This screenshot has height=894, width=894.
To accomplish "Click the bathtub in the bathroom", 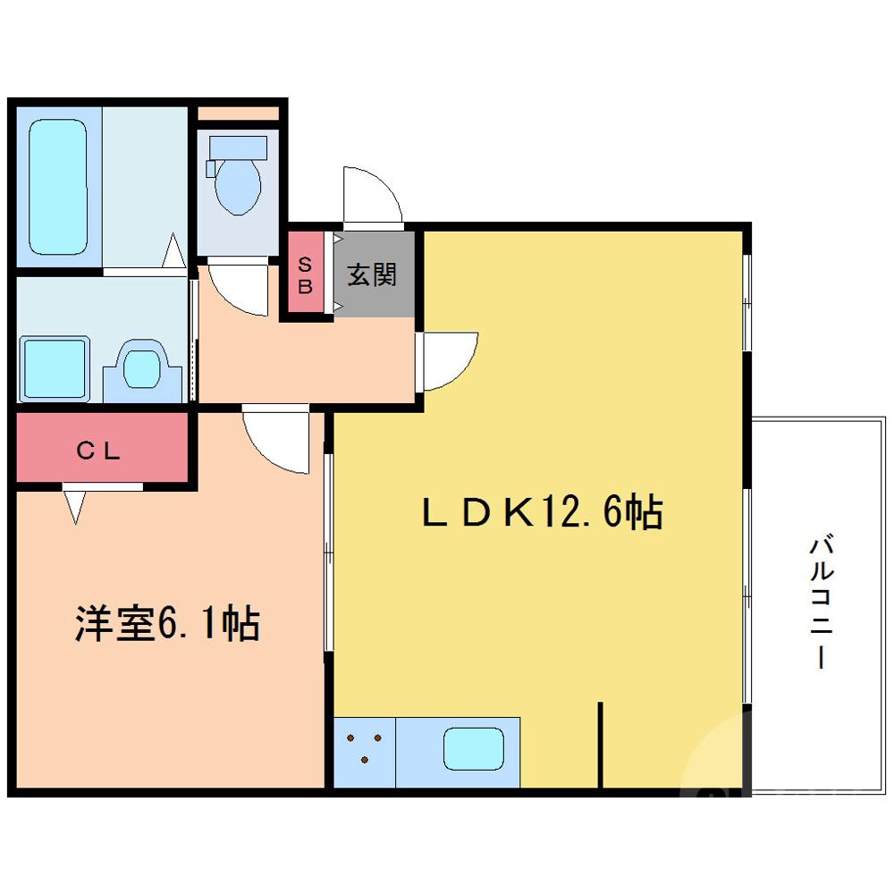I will [58, 187].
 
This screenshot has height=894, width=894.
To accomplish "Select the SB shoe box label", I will [305, 275].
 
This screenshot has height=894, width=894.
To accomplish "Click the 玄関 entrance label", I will [372, 274].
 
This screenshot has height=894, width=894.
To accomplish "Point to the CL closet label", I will [98, 451].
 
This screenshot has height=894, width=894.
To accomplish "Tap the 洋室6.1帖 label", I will [166, 623].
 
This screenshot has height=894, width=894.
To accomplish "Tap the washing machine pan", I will [55, 367].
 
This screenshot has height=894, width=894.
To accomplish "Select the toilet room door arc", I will [234, 291].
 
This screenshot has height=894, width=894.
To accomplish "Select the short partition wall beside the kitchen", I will [601, 745].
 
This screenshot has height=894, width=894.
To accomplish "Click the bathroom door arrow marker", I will [174, 251].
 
